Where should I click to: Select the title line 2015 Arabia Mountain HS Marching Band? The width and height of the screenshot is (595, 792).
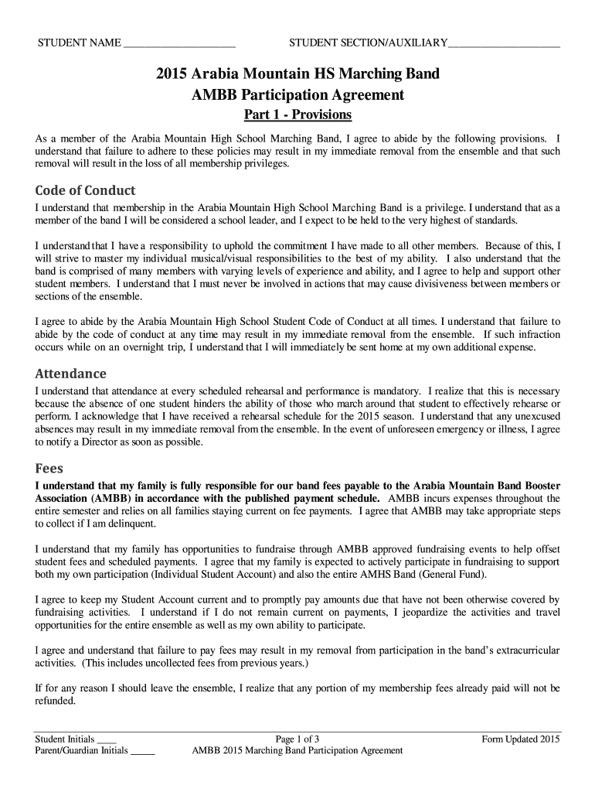297,74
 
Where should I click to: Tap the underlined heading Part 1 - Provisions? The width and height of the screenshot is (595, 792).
297,114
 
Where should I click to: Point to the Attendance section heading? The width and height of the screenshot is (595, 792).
70,373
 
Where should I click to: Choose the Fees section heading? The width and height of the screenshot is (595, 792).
49,469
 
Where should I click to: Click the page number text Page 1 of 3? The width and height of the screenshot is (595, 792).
297,739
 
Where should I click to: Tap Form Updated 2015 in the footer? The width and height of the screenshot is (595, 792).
520,739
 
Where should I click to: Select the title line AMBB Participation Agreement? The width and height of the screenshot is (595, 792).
297,95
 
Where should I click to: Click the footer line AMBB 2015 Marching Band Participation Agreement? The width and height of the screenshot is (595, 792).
297,750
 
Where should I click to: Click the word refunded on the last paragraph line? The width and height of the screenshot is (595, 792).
55,702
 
